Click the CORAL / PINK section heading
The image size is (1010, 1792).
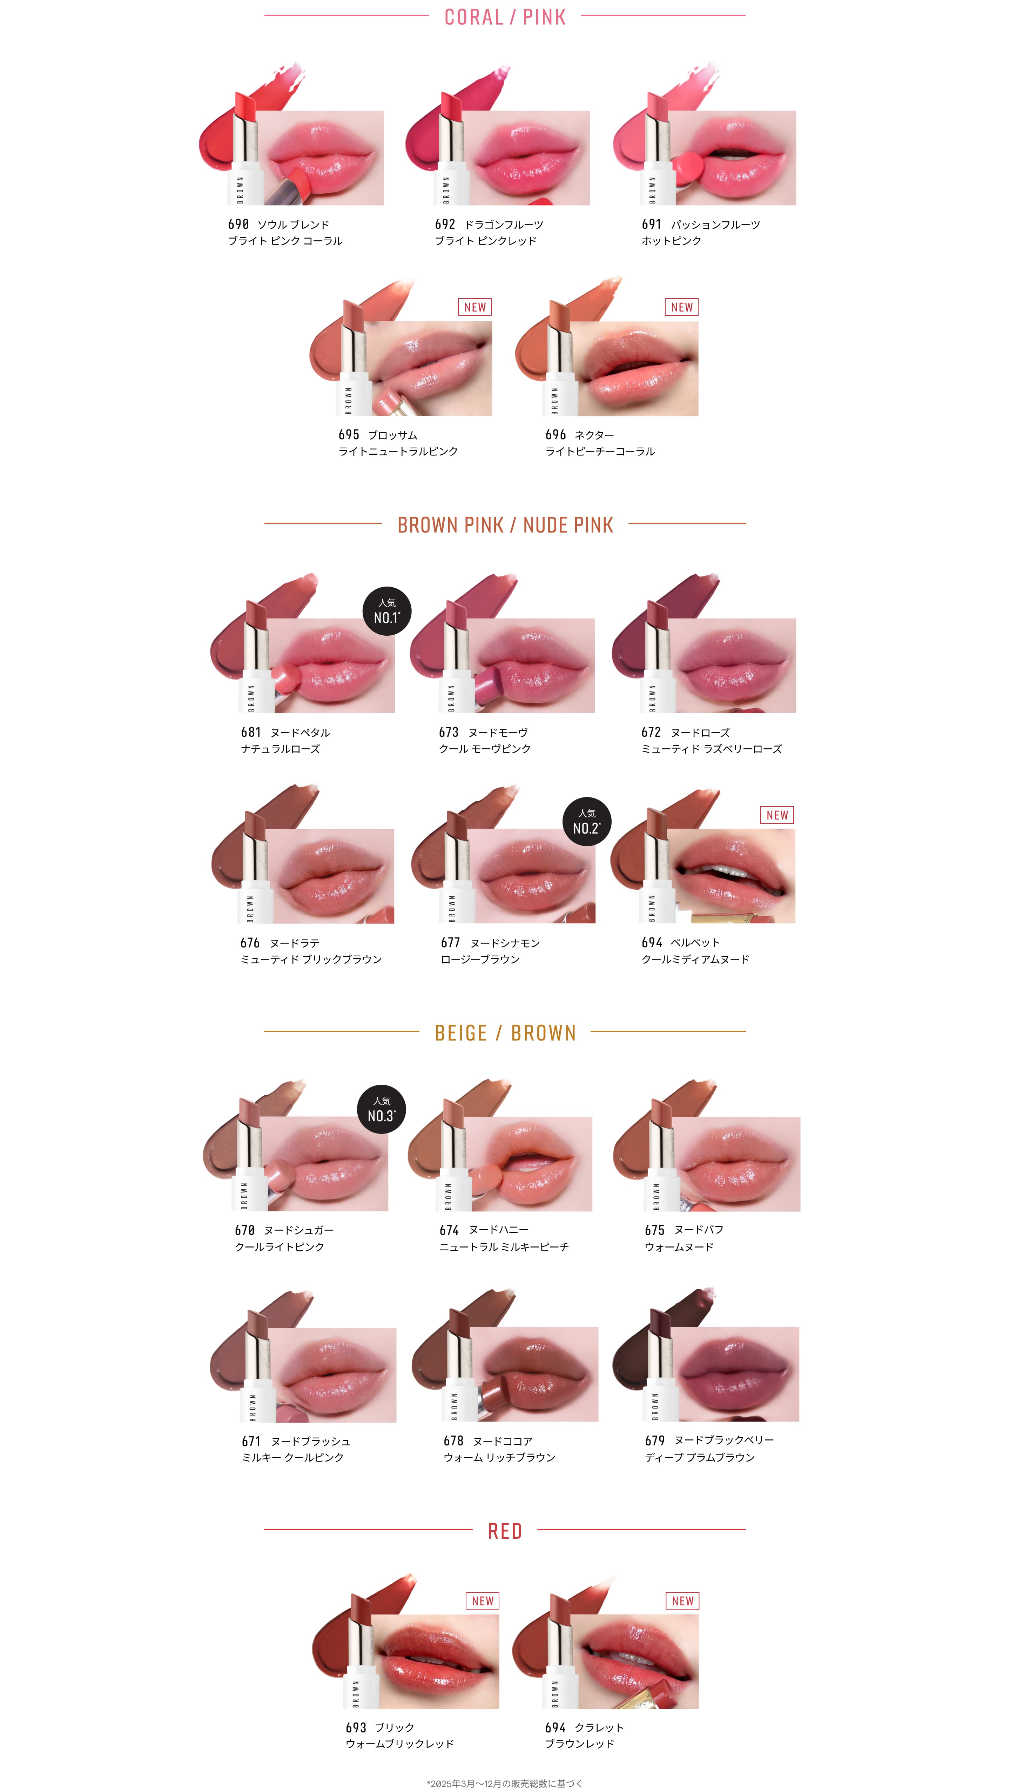505,17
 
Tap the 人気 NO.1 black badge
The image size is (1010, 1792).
387,611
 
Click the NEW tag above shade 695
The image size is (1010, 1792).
475,307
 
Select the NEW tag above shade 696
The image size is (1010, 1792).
682,307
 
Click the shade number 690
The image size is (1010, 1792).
238,224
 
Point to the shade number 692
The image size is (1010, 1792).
445,224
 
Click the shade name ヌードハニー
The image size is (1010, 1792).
499,1230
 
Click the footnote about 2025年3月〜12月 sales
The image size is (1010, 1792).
505,1783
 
